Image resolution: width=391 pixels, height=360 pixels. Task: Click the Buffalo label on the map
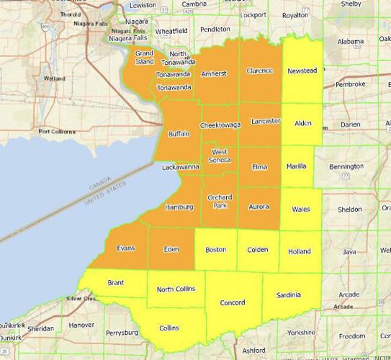(179, 134)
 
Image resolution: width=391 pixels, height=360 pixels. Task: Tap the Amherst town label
(214, 73)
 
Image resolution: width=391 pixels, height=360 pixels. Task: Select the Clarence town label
(260, 71)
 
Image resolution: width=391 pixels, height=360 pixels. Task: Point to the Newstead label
(302, 71)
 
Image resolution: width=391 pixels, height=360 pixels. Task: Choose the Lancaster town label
(266, 122)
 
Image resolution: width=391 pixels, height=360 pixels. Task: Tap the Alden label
(303, 123)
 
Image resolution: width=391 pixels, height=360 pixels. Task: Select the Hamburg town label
(179, 207)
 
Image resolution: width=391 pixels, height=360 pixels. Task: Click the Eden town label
(171, 249)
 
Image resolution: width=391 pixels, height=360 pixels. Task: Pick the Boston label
(216, 249)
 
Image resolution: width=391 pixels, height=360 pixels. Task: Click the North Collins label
(176, 289)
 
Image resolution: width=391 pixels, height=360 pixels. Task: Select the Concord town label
(232, 302)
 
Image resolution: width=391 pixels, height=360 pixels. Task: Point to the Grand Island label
(145, 58)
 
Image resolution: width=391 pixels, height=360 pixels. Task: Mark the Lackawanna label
(180, 167)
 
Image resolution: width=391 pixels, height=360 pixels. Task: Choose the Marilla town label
(296, 166)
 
